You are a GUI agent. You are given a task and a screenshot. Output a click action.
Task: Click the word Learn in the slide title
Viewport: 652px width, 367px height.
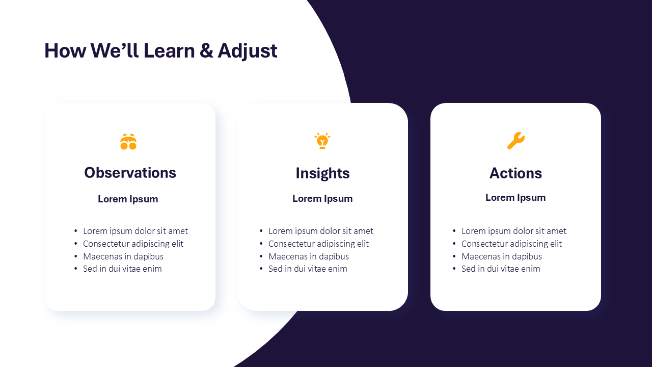(x=169, y=50)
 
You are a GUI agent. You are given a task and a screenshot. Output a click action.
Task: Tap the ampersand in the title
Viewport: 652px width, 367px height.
(x=206, y=50)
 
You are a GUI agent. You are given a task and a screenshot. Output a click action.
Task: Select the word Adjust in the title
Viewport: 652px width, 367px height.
(x=248, y=51)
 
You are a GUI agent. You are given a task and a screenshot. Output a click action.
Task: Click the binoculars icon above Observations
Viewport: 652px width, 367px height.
(x=128, y=142)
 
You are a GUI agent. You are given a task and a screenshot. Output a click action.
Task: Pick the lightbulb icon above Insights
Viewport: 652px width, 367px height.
(x=322, y=141)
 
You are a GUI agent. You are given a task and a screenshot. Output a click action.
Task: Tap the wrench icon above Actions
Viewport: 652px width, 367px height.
(x=516, y=141)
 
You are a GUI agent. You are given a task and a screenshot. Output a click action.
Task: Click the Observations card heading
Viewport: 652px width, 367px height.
(x=130, y=173)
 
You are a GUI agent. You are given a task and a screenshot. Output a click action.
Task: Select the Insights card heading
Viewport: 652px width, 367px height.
(x=322, y=174)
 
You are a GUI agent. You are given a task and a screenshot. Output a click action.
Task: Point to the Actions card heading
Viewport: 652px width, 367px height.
(x=515, y=173)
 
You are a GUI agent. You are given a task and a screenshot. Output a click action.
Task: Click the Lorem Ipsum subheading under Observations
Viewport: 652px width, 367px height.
(x=128, y=199)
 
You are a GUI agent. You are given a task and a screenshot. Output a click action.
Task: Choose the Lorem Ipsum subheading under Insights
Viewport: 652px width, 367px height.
(x=322, y=199)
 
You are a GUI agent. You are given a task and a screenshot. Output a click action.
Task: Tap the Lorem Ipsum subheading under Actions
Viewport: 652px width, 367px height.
(x=515, y=198)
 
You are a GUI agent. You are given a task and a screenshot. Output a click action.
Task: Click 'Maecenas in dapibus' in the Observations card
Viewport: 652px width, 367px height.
(x=123, y=256)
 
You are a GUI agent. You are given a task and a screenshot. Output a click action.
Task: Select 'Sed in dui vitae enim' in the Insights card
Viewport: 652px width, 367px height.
(x=308, y=269)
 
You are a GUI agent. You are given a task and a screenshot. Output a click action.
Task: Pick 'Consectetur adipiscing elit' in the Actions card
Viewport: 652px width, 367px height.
(x=511, y=244)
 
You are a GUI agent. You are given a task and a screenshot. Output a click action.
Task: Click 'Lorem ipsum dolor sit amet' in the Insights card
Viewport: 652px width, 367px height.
(x=321, y=231)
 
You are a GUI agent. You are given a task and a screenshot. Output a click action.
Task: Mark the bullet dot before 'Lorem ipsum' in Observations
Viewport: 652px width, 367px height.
(x=76, y=231)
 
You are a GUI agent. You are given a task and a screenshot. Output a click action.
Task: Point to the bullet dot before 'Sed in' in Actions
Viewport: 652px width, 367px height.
(x=454, y=269)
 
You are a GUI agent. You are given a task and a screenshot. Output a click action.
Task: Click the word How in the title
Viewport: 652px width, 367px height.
(x=65, y=50)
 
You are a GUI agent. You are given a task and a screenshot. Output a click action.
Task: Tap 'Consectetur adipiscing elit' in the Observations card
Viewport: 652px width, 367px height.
(x=133, y=244)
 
